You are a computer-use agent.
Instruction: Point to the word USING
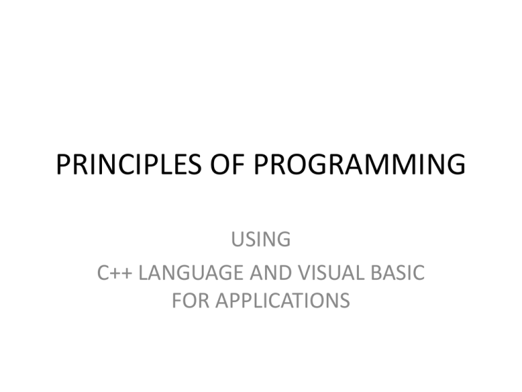pyautogui.click(x=261, y=240)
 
